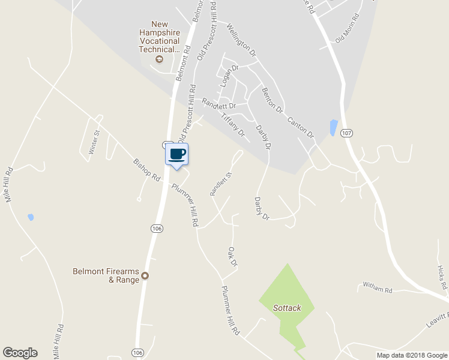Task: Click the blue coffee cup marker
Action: [176, 155]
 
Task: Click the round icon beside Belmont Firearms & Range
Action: [144, 277]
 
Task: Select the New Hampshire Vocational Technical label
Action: [160, 37]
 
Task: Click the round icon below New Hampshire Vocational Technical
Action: [159, 59]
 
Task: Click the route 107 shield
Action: [345, 133]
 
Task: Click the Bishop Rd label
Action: [147, 170]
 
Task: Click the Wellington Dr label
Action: [242, 41]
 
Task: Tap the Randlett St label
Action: [220, 184]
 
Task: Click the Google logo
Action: [20, 353]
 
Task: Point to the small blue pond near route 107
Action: [333, 127]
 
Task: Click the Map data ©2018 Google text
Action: [411, 355]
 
